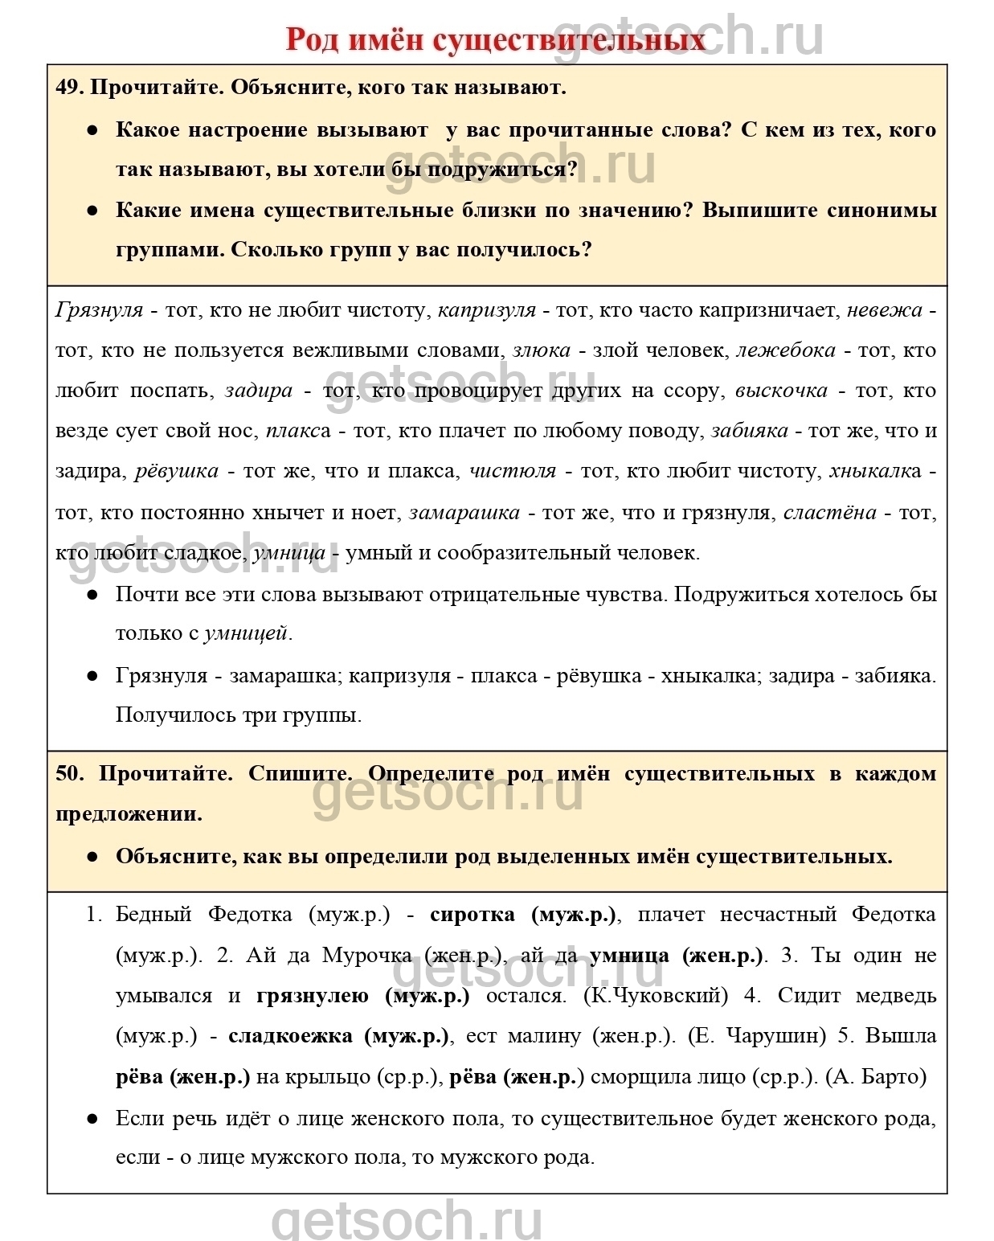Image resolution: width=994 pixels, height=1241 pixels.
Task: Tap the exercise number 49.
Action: pos(68,87)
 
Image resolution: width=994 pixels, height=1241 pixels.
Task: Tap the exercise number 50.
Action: pos(68,773)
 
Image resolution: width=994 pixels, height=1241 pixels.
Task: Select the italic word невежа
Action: pos(885,310)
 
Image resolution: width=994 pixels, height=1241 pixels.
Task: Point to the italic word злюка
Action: pos(542,350)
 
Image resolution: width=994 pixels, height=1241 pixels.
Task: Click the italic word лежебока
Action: pos(786,350)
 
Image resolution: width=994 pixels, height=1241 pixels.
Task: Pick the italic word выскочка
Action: pos(781,391)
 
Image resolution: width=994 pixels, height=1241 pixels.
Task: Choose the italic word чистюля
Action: pos(512,471)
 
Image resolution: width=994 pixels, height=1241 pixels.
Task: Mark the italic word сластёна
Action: pos(829,512)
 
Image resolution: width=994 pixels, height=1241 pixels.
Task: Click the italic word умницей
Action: pos(245,633)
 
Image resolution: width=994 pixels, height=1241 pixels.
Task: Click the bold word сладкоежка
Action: pos(290,1036)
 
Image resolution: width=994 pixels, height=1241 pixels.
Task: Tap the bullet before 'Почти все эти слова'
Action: pos(92,595)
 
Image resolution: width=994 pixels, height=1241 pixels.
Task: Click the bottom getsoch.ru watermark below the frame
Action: pos(406,1221)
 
